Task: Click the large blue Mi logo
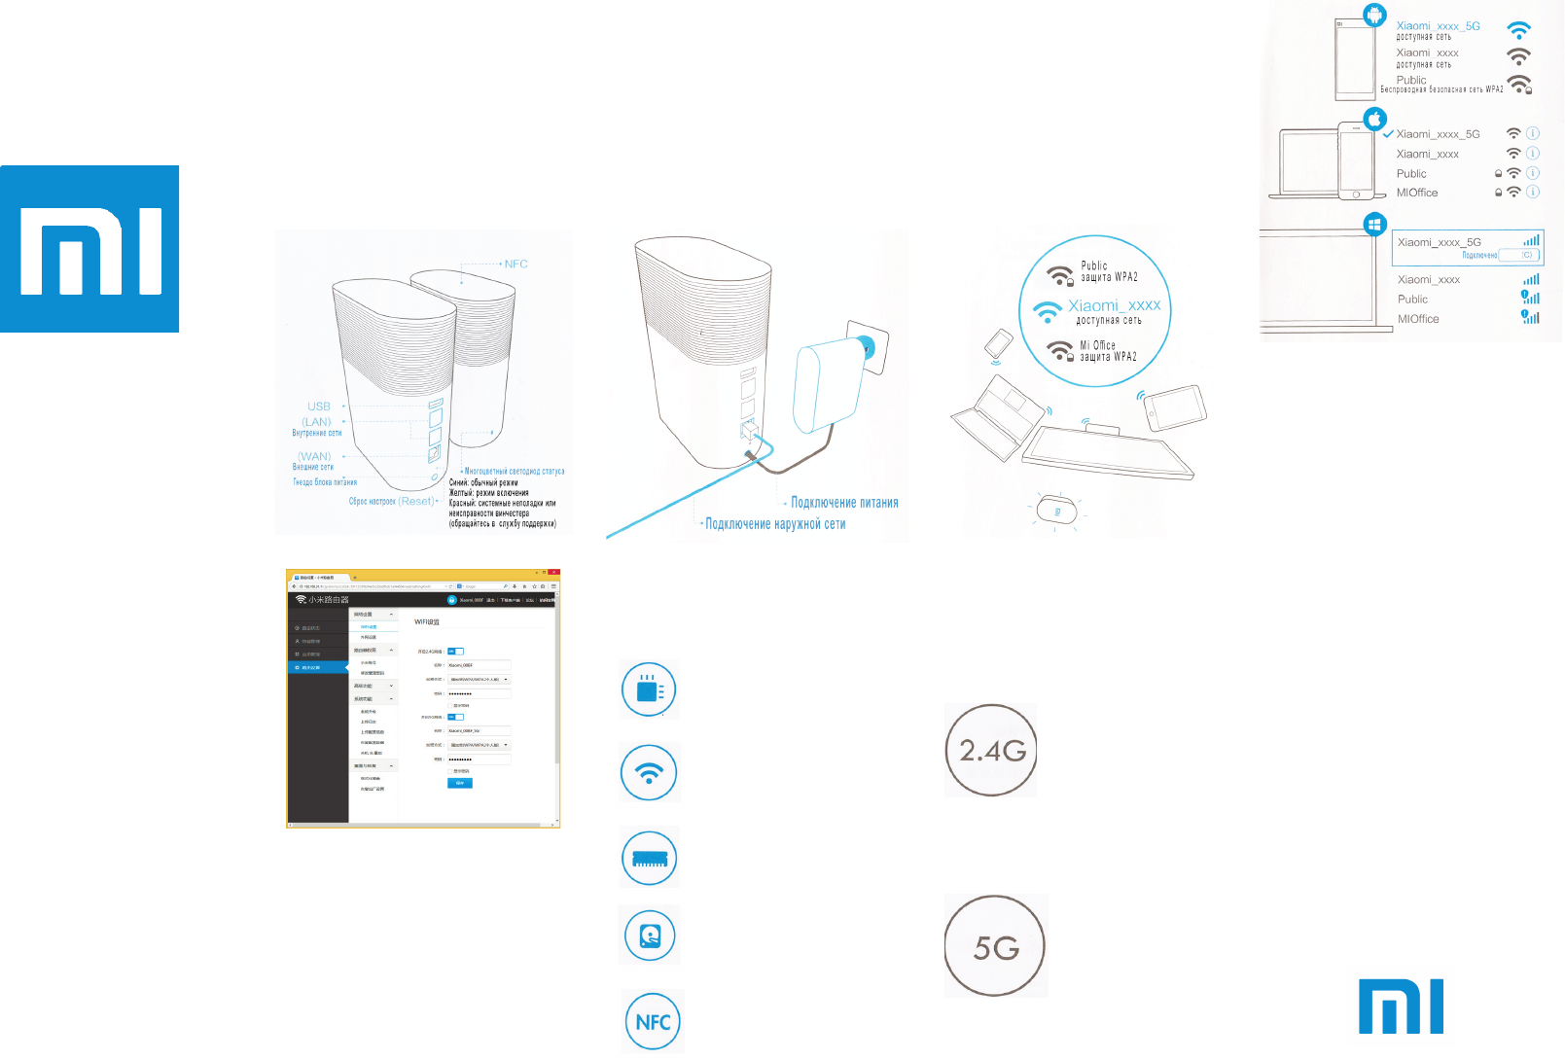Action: point(89,249)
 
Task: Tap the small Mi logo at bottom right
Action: point(1401,1007)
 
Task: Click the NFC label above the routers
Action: point(516,264)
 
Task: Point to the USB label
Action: point(319,406)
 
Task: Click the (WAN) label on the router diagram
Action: point(314,456)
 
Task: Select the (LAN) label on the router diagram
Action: point(316,422)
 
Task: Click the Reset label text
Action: point(417,501)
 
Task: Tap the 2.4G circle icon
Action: point(991,751)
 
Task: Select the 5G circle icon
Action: point(995,946)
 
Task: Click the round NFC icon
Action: point(653,1021)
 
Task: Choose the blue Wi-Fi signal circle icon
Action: point(649,773)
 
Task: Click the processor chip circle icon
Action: point(649,690)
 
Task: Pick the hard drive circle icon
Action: point(650,936)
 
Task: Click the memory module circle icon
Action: point(649,858)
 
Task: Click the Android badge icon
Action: point(1374,15)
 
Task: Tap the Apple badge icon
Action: point(1374,120)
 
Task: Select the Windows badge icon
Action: point(1374,225)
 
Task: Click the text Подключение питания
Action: point(844,503)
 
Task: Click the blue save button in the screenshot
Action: point(460,783)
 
